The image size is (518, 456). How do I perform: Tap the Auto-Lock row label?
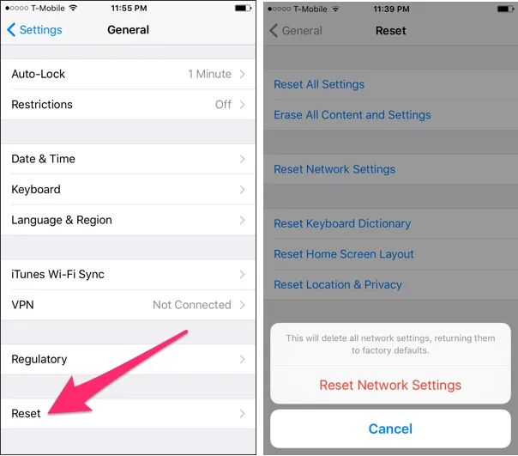click(39, 74)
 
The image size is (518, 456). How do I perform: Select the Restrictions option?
click(42, 105)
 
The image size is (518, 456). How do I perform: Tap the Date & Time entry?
click(43, 159)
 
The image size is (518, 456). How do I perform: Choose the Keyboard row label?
click(36, 190)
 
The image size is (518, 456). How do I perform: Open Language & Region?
click(62, 220)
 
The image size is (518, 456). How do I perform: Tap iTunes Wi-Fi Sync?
click(57, 275)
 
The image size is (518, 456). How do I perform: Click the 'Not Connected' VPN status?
click(192, 305)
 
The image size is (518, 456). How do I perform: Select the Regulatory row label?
click(39, 359)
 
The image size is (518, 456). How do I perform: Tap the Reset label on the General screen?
click(26, 414)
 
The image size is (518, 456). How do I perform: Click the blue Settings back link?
click(35, 30)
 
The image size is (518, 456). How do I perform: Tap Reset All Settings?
click(319, 84)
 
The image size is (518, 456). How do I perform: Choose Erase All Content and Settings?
click(352, 115)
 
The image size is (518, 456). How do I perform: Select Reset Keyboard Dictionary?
click(341, 224)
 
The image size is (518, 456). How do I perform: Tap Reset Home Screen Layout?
click(343, 254)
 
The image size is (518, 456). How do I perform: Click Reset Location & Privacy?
click(337, 284)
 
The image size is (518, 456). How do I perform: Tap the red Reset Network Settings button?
click(390, 385)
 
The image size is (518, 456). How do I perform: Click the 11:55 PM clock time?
click(129, 8)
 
